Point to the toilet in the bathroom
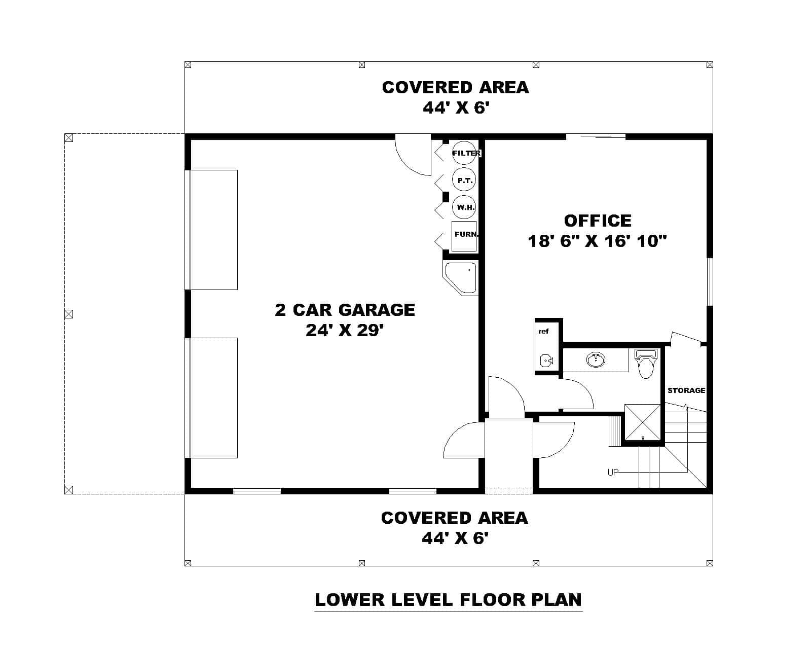pos(645,364)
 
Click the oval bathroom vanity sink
pos(596,360)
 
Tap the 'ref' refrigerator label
pos(543,332)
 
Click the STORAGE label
pos(686,390)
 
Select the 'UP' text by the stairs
pos(613,473)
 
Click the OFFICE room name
pos(598,221)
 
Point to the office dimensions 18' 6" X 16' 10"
pos(597,241)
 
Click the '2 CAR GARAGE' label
pos(345,310)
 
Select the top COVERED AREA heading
pos(455,87)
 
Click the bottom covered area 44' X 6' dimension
pos(455,538)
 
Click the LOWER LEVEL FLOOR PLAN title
pos(448,600)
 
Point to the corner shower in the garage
pos(461,277)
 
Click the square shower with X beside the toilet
pos(643,422)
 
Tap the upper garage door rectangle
pos(213,230)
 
